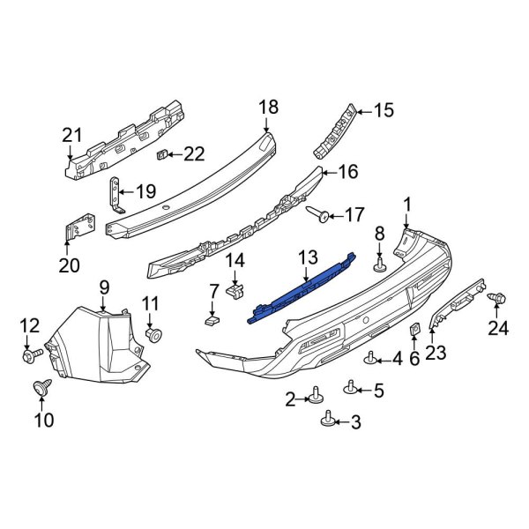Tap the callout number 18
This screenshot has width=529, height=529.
[268, 108]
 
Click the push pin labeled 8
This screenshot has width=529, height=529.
[380, 264]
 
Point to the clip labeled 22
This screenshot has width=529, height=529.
[161, 155]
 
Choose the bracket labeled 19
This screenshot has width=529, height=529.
[113, 198]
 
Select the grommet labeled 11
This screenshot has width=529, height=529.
[153, 336]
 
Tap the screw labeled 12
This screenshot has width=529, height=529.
[32, 355]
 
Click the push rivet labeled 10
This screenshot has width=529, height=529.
[40, 386]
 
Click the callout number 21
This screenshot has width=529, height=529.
[71, 135]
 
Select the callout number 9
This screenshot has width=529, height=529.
[103, 287]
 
